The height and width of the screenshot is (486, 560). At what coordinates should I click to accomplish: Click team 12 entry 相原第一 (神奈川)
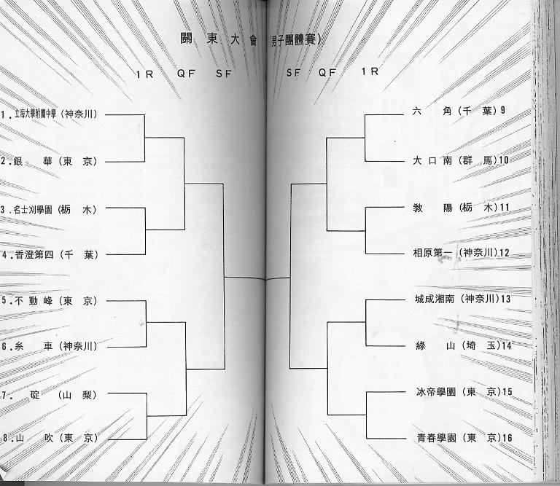point(459,253)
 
